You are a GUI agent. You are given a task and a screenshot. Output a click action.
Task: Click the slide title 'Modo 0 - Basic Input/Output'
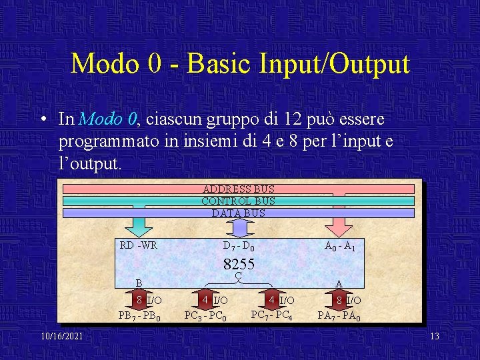240,64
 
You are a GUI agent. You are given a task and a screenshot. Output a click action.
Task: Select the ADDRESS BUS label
238,189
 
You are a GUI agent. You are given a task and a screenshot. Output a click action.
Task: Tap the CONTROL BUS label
238,201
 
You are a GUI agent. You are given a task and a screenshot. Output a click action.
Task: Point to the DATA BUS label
238,213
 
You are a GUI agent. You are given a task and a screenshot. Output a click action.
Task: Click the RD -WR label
139,245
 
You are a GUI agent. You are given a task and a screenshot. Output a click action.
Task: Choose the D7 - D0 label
238,246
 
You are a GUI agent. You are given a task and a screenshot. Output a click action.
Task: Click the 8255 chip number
238,264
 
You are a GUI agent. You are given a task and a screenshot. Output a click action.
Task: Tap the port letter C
238,275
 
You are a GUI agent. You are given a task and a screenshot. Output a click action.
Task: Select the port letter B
139,283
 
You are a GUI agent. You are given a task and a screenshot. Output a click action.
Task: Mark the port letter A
339,283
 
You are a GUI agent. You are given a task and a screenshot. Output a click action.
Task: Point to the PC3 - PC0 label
205,315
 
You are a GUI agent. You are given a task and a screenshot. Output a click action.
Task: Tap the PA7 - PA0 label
339,315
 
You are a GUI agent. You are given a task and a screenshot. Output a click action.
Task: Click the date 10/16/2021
61,336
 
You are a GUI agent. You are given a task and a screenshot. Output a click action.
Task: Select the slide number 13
435,336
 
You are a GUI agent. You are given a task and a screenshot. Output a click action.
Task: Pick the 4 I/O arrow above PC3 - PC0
207,301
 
